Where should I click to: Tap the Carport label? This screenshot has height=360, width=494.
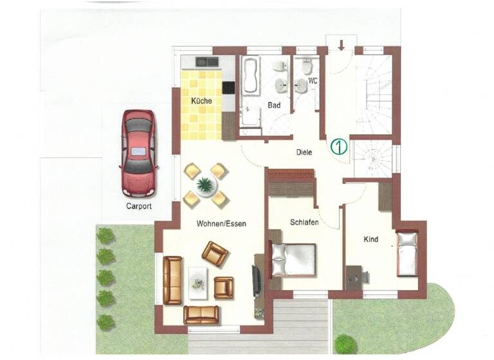139,206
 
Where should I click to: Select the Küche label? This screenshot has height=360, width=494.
201,101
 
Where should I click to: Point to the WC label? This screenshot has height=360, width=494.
313,82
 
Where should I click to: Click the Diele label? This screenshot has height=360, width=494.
304,152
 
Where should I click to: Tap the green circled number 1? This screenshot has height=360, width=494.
339,146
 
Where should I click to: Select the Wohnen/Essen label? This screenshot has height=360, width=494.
221,223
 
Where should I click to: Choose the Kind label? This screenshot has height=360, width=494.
370,240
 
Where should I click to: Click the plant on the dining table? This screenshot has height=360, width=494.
205,185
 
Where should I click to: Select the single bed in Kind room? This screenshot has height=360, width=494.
407,255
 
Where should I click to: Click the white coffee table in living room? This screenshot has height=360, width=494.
199,282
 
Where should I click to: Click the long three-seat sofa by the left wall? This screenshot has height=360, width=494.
172,280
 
